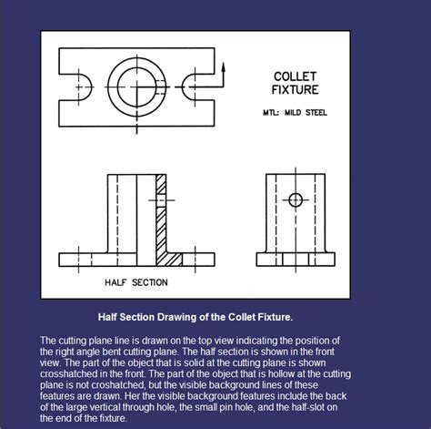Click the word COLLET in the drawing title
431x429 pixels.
pos(295,77)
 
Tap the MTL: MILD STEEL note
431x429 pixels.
pos(288,113)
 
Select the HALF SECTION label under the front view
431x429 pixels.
pos(136,282)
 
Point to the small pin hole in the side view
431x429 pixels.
pos(296,200)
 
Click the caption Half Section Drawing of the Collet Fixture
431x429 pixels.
pos(195,317)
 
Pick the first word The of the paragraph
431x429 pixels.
pos(48,339)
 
